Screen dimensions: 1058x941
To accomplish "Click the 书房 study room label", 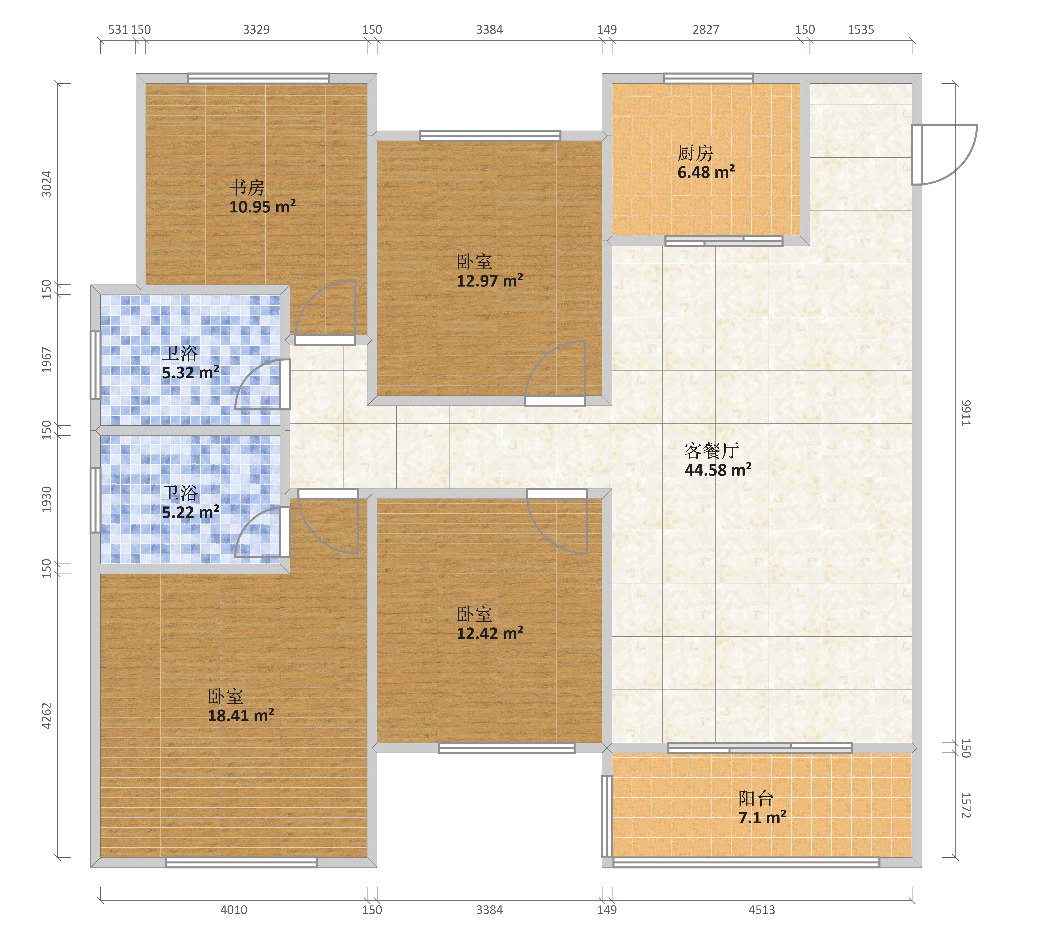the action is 247,187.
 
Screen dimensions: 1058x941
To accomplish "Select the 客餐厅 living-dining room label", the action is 711,451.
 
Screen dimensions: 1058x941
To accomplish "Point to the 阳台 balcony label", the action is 756,799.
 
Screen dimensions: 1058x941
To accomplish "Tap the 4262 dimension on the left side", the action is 47,716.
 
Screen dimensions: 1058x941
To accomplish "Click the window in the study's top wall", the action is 258,78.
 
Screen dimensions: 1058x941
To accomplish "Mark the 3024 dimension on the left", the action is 47,184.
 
